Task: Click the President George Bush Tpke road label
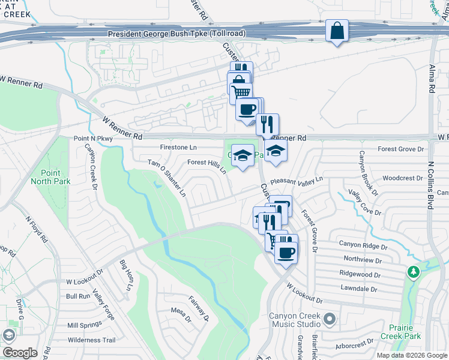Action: coord(176,34)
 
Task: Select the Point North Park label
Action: coord(51,178)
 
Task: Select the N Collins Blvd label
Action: coord(430,180)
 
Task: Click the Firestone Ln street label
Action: coord(179,147)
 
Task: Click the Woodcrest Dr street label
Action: coord(403,178)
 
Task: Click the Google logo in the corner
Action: coord(19,353)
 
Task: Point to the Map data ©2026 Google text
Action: coord(411,355)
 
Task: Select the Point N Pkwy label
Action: coord(93,139)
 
